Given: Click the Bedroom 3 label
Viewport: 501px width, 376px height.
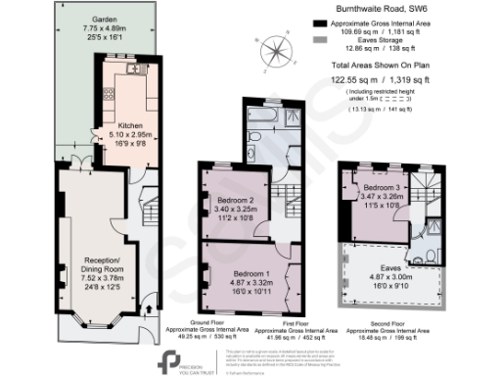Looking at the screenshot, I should click(388, 186).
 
